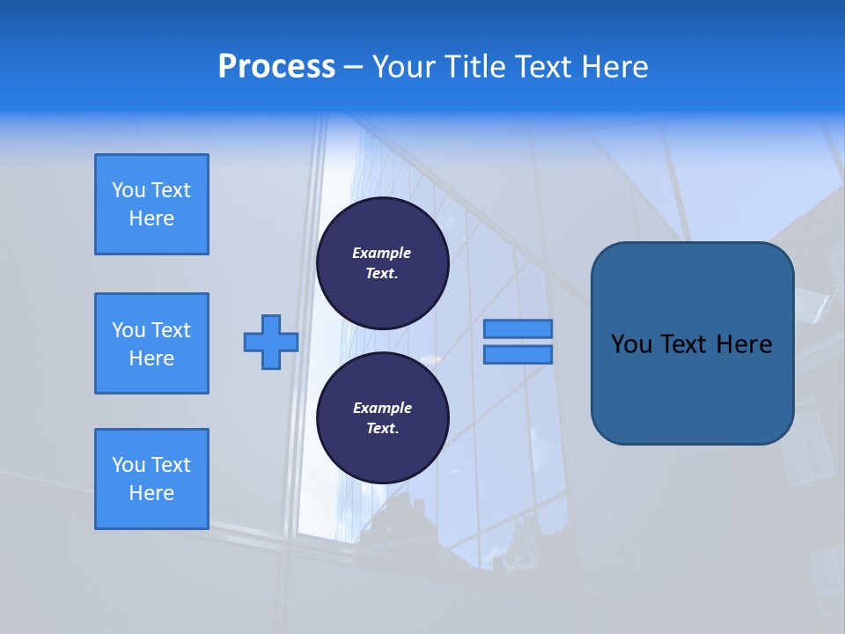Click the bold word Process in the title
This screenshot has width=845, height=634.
point(276,67)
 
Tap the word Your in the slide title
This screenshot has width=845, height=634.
point(404,67)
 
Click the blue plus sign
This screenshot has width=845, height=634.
point(271,342)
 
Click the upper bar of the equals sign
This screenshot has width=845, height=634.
point(518,328)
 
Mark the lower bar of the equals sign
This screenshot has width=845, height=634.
point(518,355)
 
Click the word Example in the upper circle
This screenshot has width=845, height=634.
point(382,253)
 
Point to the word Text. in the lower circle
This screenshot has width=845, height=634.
point(382,429)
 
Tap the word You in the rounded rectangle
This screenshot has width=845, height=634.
point(631,344)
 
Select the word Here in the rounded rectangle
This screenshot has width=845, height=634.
point(744,344)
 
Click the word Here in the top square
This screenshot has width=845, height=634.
point(151,218)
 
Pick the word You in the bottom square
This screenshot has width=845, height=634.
point(129,465)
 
